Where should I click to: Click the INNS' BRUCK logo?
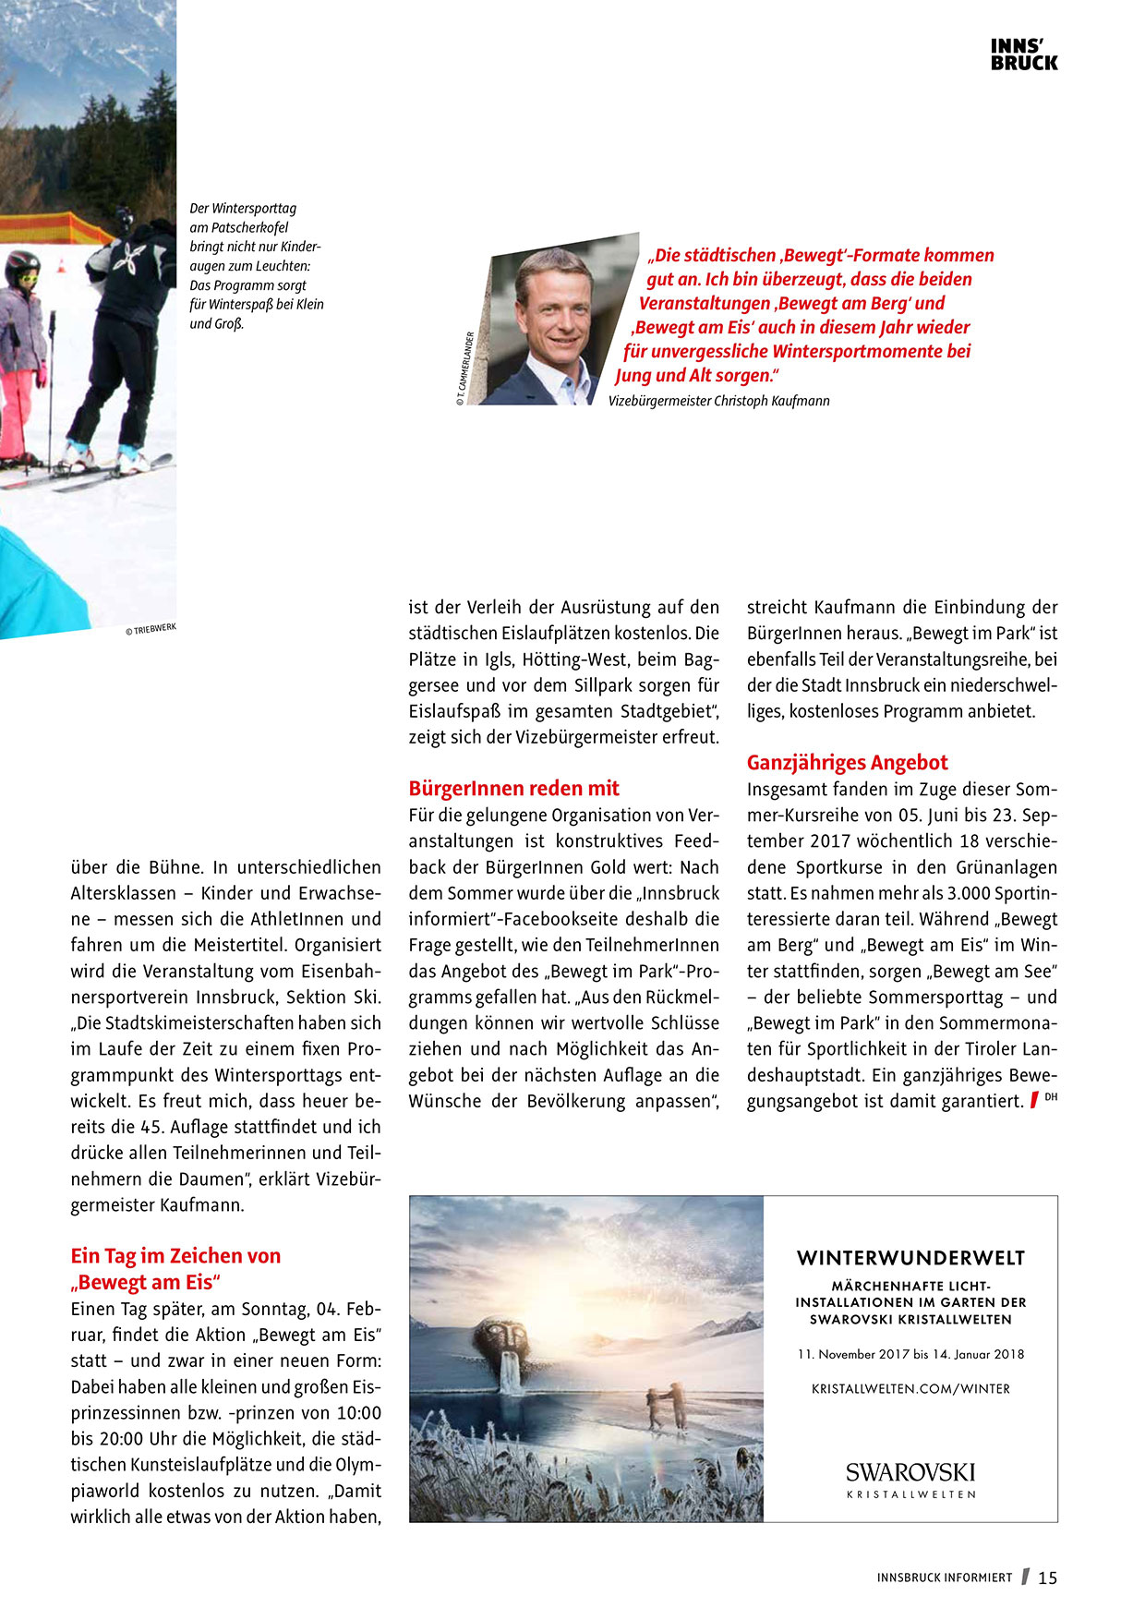[1024, 55]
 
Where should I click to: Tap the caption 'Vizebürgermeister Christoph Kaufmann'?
[718, 401]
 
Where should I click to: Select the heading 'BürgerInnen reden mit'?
[513, 789]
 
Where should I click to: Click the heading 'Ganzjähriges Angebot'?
[847, 763]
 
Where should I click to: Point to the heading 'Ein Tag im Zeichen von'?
[175, 1256]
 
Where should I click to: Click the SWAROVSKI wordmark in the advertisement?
[910, 1472]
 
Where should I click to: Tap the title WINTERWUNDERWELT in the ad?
[910, 1258]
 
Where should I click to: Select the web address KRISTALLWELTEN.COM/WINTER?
[910, 1388]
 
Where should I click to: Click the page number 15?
[1047, 1578]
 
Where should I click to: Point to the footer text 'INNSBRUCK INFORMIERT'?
[944, 1578]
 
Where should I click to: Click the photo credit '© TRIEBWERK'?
[151, 630]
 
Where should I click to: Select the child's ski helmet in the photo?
[22, 268]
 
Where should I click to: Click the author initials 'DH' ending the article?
[1051, 1097]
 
